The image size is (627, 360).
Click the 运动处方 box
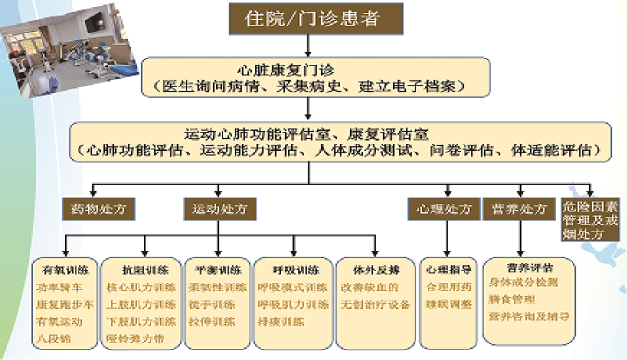tap(219, 209)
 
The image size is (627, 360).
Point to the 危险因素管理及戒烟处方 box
tap(590, 220)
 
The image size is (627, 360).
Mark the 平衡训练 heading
tap(218, 270)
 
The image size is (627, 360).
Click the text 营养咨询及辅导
tap(529, 316)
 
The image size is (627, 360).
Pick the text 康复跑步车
tap(64, 304)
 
